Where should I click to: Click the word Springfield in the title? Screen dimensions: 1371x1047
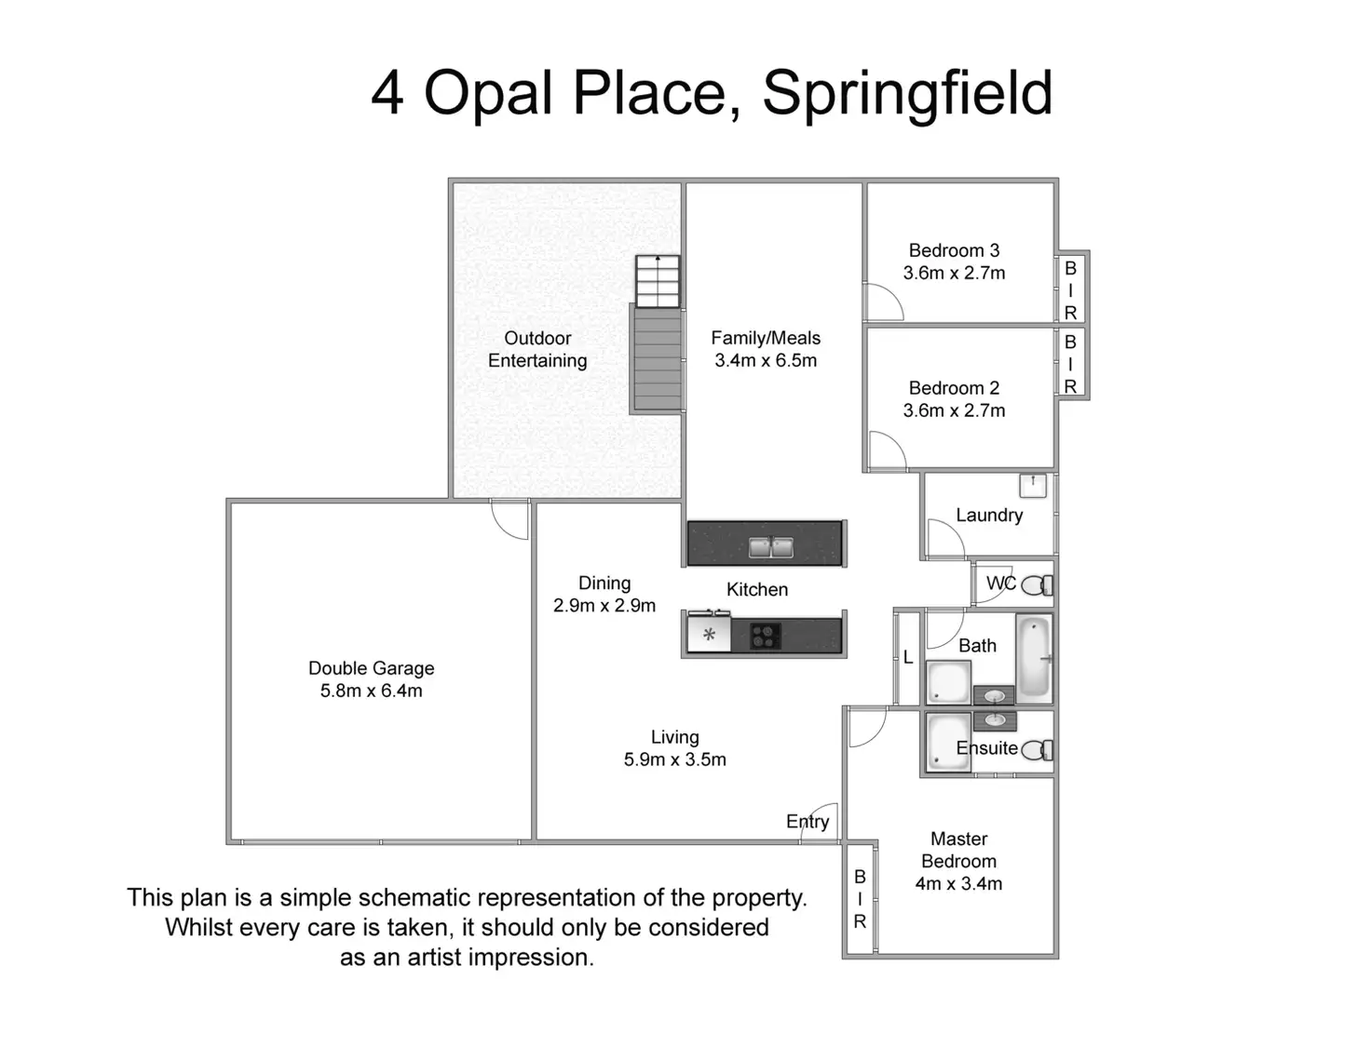coord(907,94)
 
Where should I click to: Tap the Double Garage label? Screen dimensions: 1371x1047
coord(371,668)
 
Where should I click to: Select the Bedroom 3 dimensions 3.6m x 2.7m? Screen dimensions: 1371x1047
coord(954,274)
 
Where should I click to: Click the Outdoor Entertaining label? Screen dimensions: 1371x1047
coord(537,349)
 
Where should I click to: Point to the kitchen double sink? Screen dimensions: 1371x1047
coord(770,547)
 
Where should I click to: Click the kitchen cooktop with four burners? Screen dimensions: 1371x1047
coord(765,637)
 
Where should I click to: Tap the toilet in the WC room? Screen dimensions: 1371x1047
coord(1037,585)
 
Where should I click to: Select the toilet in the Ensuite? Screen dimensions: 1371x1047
coord(1037,750)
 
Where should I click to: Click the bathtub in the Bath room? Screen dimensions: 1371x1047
coord(1034,657)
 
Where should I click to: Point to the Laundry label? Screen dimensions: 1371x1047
coord(988,515)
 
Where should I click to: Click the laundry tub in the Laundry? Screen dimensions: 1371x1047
coord(1032,485)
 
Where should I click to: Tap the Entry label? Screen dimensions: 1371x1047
coord(807,821)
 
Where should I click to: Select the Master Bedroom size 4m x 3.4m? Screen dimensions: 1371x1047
coord(958,884)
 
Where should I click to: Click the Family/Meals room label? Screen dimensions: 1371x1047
coord(766,338)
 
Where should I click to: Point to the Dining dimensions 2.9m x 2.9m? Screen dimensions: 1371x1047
coord(604,606)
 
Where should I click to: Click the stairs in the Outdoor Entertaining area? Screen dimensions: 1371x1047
coord(657,358)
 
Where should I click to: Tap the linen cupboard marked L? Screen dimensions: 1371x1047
coord(908,658)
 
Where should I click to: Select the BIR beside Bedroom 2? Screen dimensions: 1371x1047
coord(1070,364)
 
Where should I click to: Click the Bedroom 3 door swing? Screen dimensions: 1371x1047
coord(882,302)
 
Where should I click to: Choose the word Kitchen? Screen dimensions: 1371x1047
coord(756,589)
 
